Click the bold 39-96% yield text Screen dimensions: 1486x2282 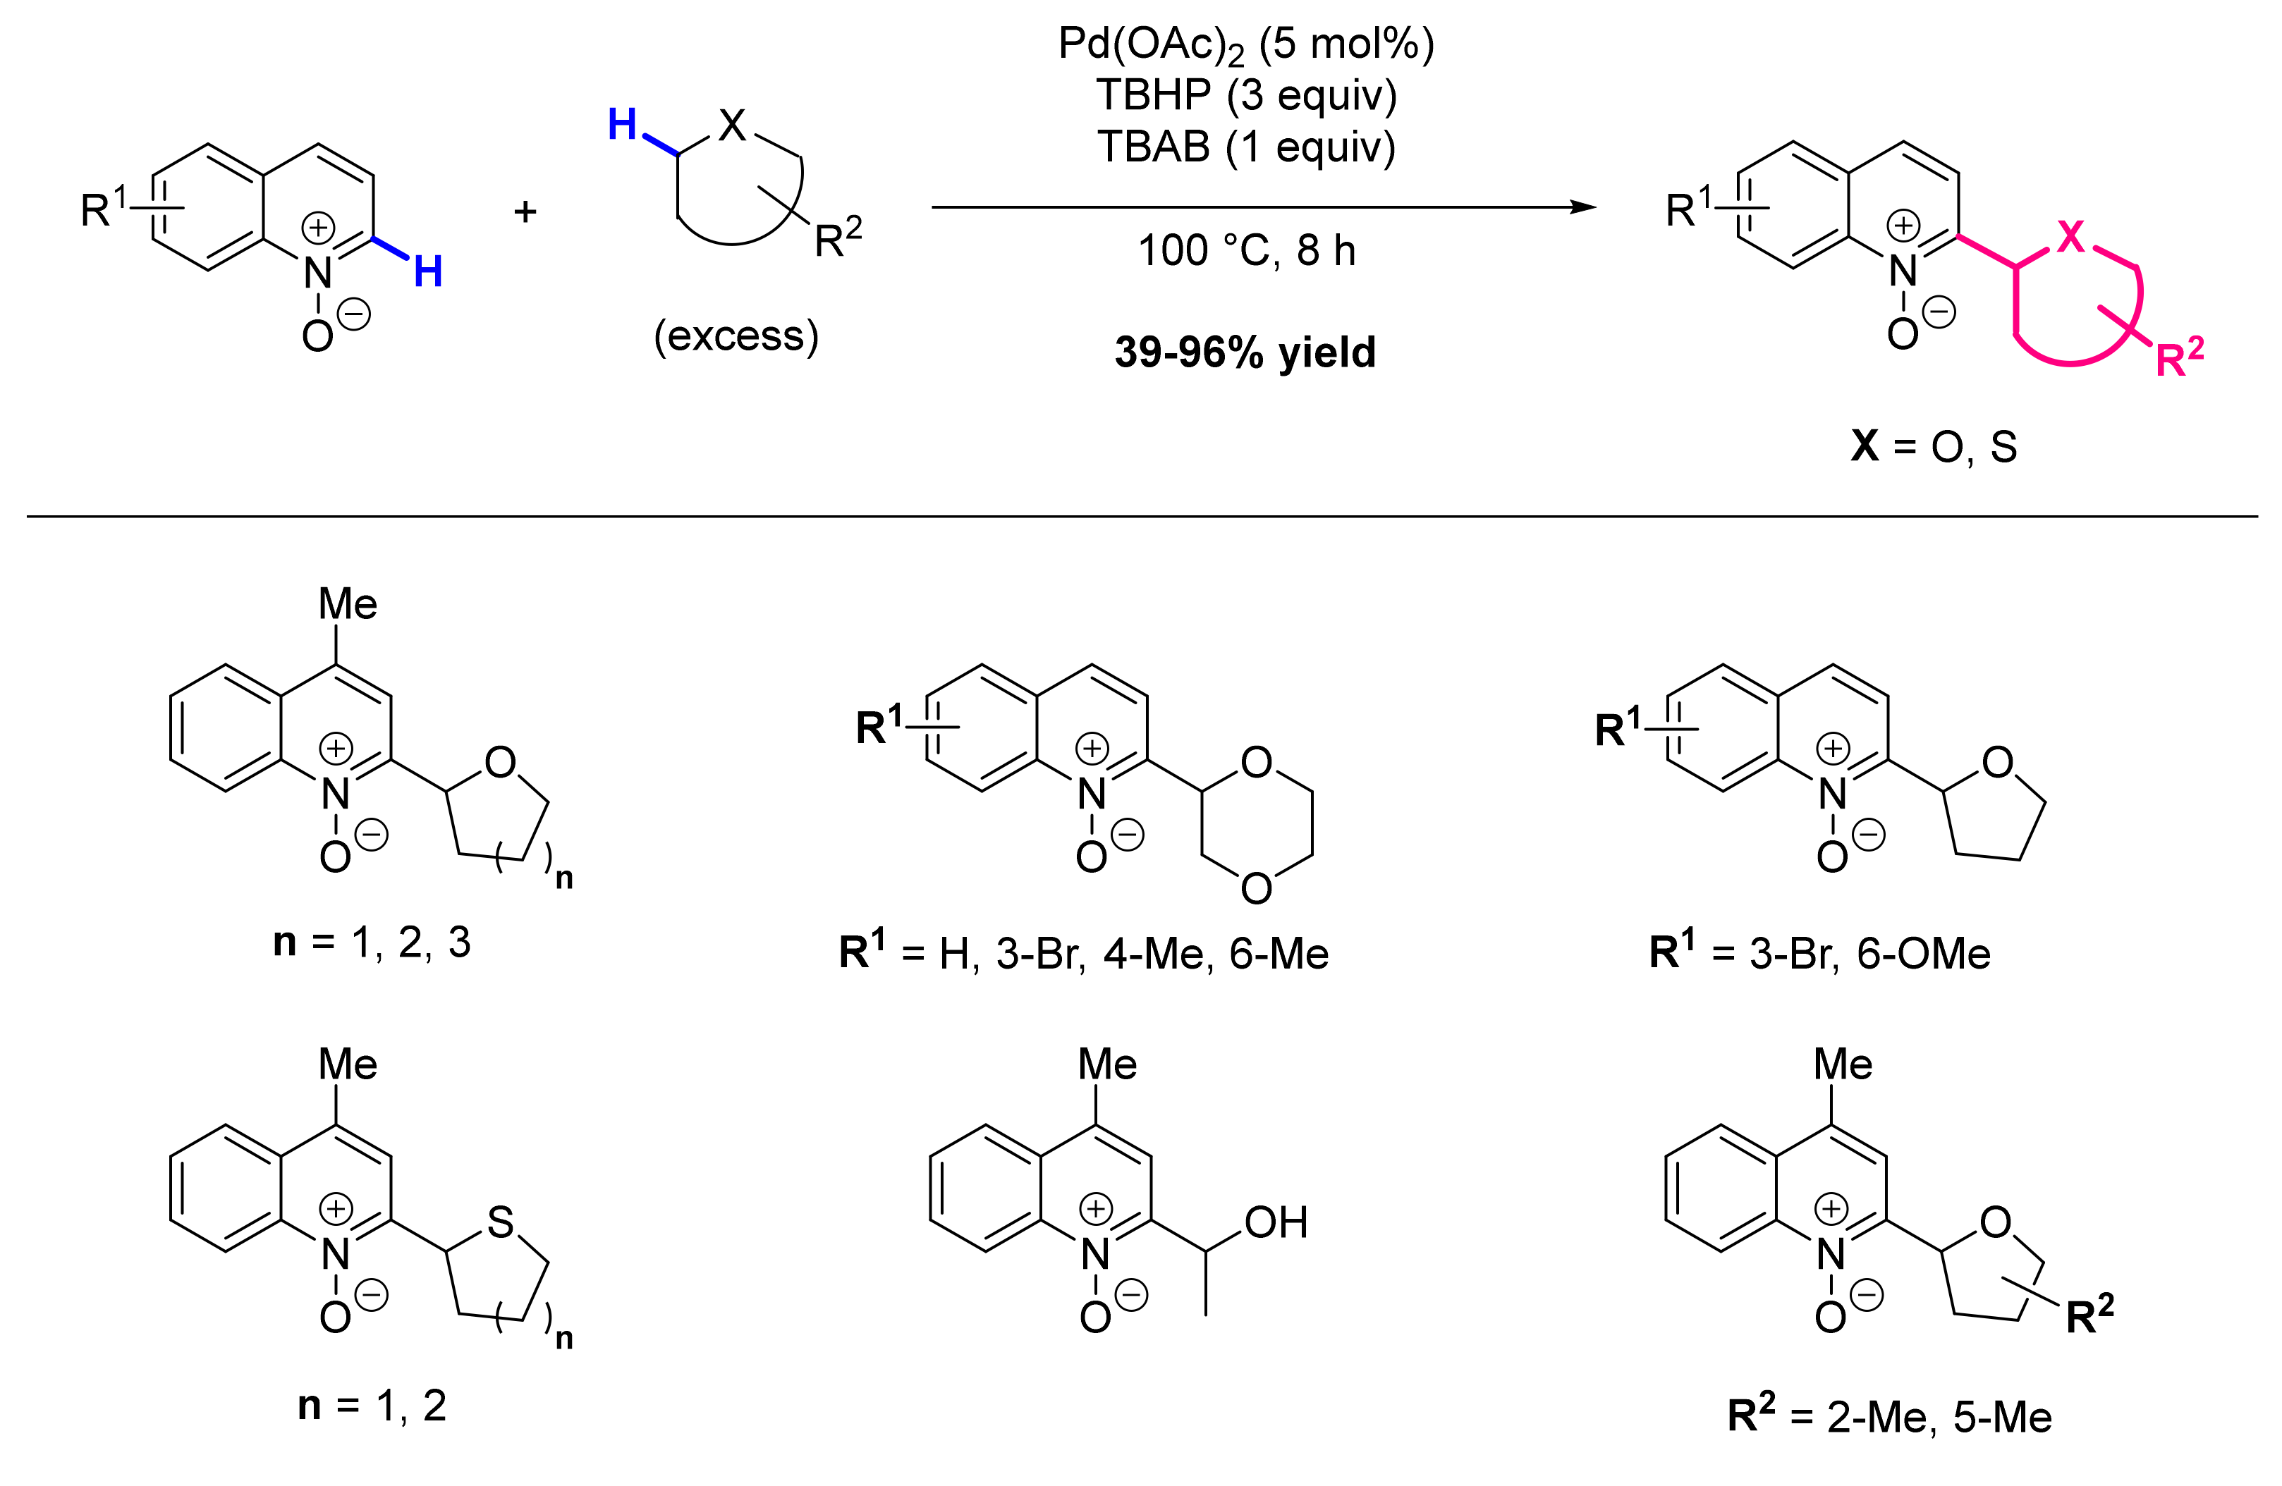(1245, 352)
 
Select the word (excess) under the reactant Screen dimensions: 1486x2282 (736, 336)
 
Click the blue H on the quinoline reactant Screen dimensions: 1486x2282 (427, 272)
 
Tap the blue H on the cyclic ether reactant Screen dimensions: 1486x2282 (622, 125)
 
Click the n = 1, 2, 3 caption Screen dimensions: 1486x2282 (372, 943)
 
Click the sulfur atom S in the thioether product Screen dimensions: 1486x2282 (501, 1223)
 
